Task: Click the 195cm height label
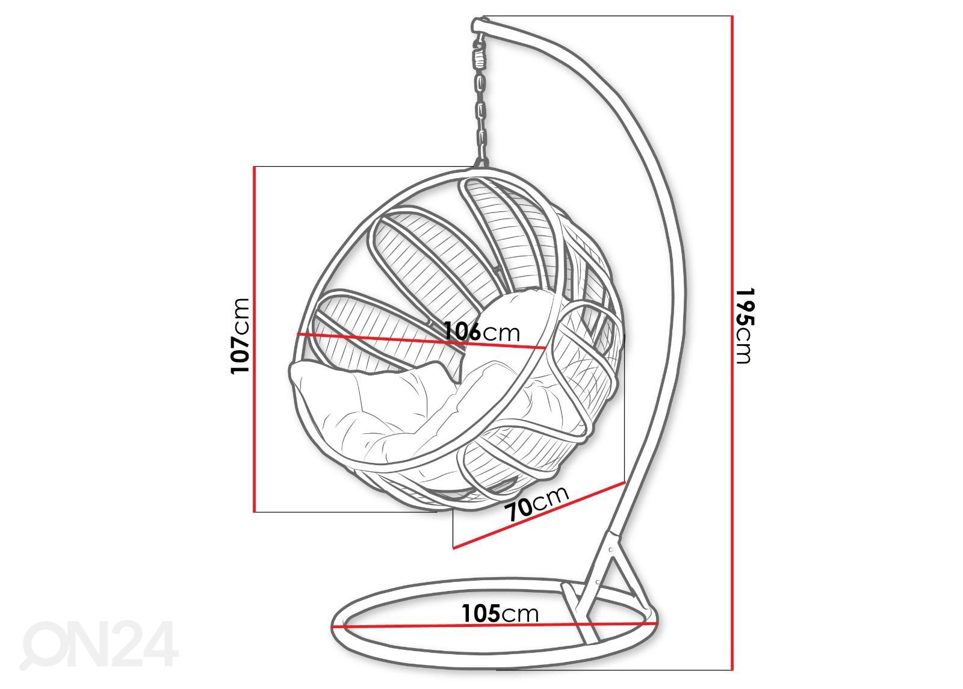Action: (744, 326)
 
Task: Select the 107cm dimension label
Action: (240, 336)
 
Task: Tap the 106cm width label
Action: (482, 332)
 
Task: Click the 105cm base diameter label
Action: (500, 613)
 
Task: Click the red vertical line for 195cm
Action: (732, 343)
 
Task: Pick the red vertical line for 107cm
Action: (255, 339)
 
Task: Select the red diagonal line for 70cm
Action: (539, 515)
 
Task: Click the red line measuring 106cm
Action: (422, 341)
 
